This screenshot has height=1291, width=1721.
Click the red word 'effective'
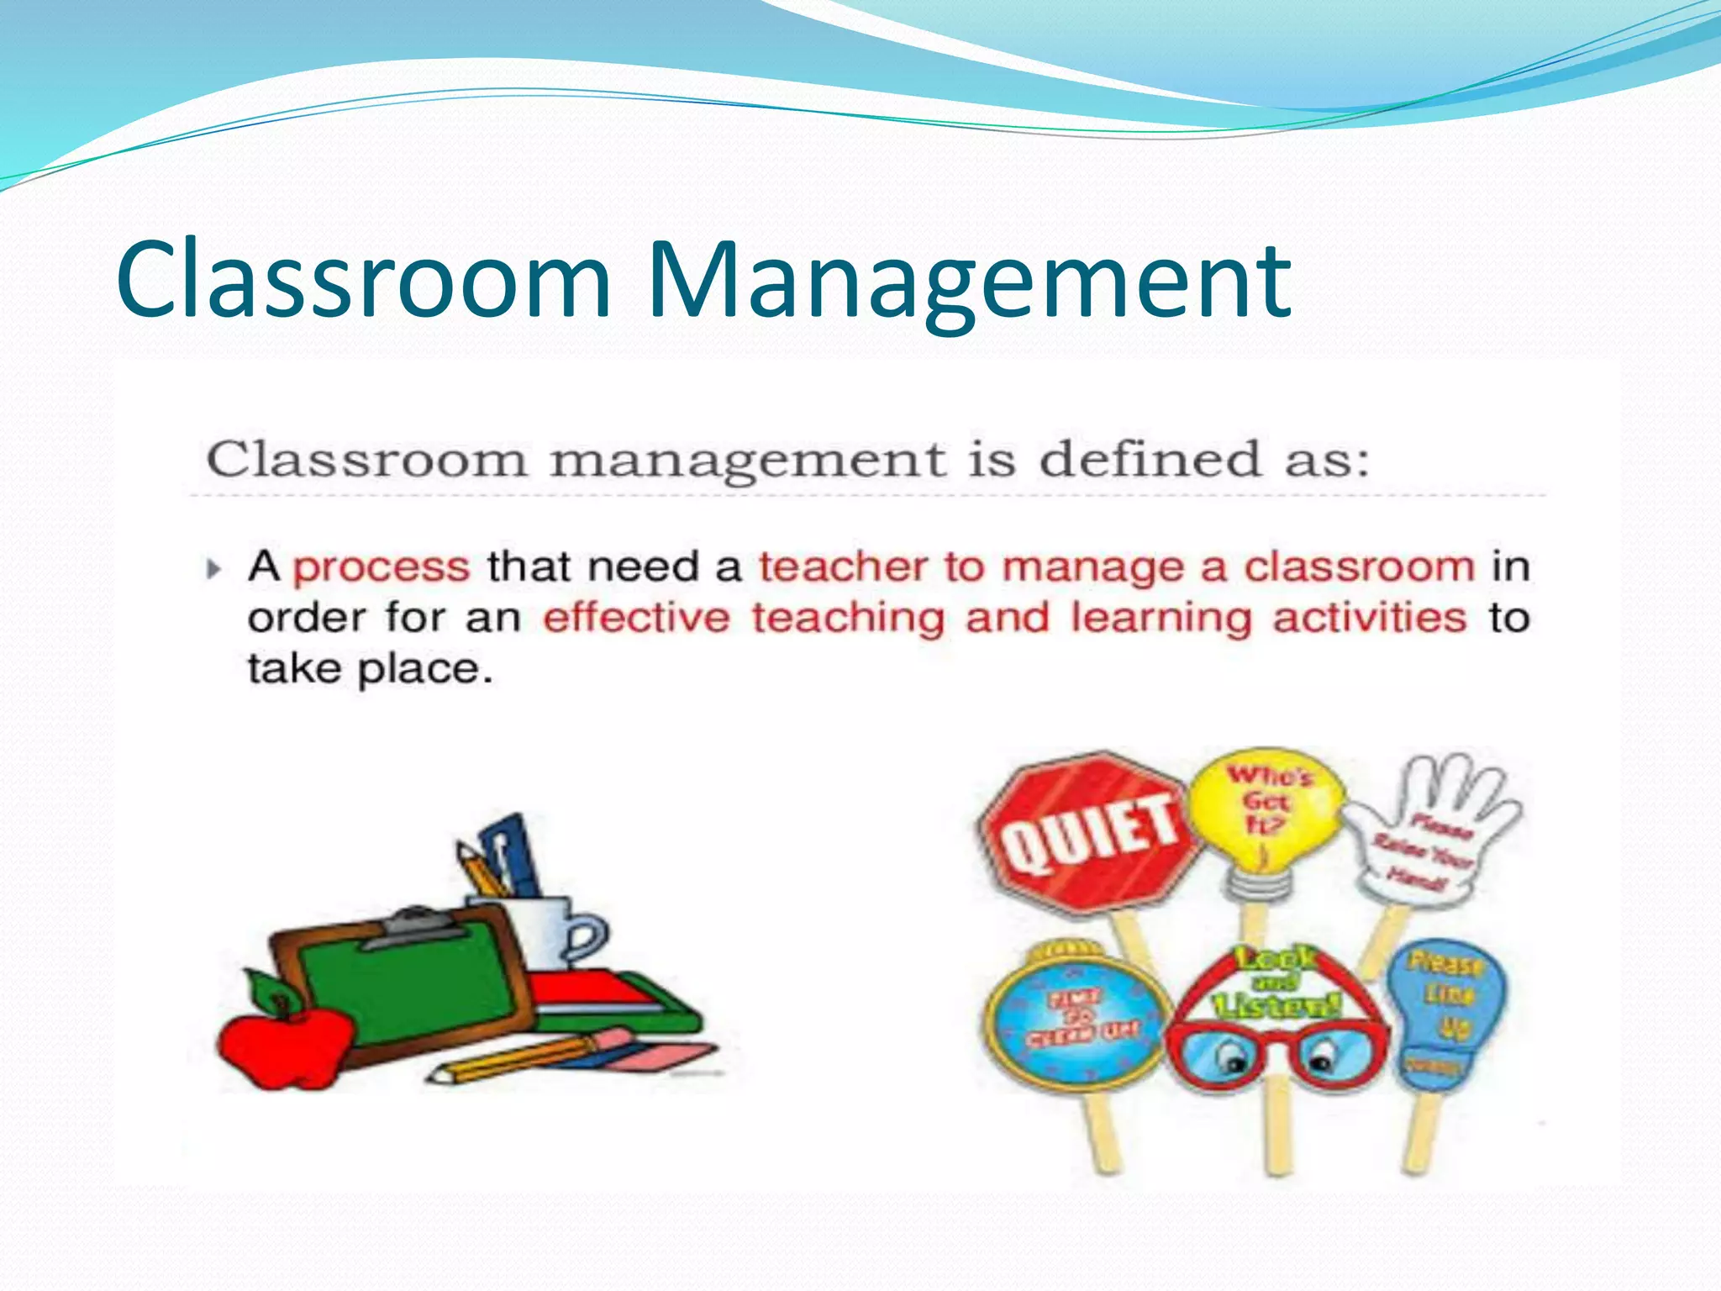tap(636, 619)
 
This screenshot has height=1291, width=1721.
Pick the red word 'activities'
tap(1369, 619)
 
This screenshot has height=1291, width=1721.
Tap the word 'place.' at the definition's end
tap(425, 670)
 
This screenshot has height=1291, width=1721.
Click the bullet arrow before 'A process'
tap(213, 569)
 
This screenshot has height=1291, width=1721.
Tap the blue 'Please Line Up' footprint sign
tap(1445, 1009)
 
